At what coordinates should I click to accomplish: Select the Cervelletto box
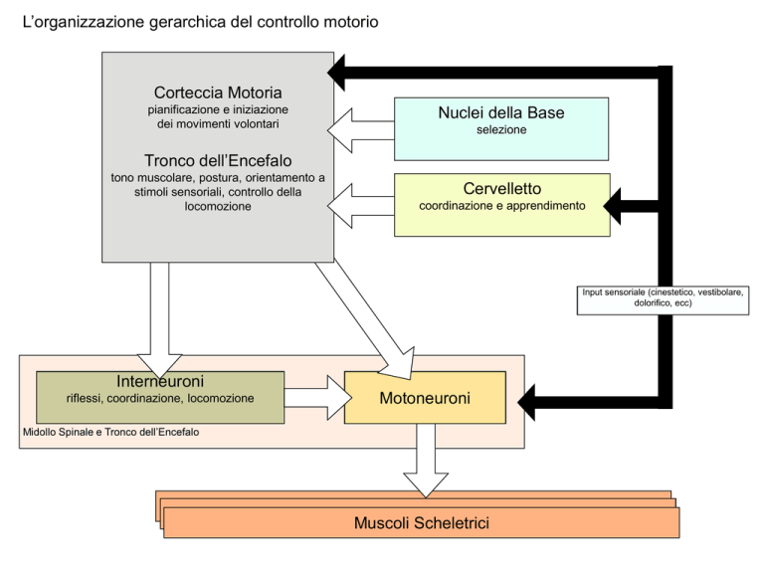coord(502,205)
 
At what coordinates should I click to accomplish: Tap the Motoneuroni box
coord(425,398)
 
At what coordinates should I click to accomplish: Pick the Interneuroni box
coord(159,396)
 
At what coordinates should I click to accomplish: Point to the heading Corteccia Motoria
coord(218,92)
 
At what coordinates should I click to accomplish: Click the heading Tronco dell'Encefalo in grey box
coord(217,158)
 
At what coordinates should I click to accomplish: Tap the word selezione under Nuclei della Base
coord(500,130)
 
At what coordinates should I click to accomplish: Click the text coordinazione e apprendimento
coord(501,206)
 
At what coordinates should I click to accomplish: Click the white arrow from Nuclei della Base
coord(360,127)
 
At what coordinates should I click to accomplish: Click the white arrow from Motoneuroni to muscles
coord(425,466)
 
